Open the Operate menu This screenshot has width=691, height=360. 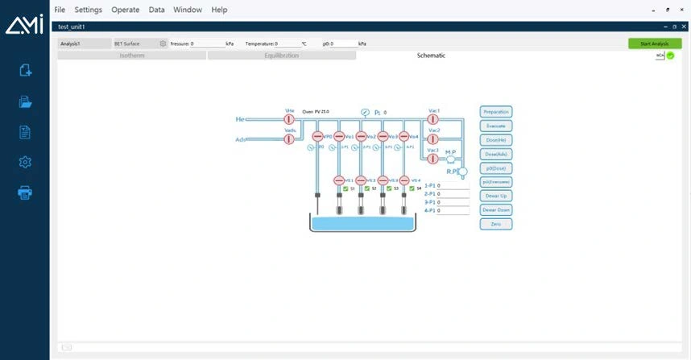click(x=125, y=10)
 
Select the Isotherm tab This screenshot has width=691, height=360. click(x=132, y=56)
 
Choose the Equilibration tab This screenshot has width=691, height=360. click(x=282, y=56)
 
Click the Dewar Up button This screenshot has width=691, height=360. click(x=496, y=196)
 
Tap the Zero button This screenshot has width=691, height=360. click(x=496, y=223)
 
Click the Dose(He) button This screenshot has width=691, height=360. click(x=496, y=139)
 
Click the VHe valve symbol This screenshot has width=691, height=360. click(x=289, y=119)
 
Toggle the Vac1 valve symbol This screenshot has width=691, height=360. click(x=432, y=119)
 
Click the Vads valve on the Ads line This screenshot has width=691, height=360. click(x=289, y=139)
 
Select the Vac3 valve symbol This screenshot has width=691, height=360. click(x=432, y=159)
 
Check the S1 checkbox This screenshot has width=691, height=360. click(x=345, y=188)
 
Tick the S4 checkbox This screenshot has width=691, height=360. click(x=412, y=188)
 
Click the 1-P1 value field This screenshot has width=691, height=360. click(x=453, y=185)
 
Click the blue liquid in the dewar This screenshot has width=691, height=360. click(x=362, y=223)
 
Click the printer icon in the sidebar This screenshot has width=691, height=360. click(x=25, y=192)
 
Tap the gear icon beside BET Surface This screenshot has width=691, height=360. click(x=163, y=43)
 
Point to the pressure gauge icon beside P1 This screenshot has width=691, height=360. click(x=365, y=112)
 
